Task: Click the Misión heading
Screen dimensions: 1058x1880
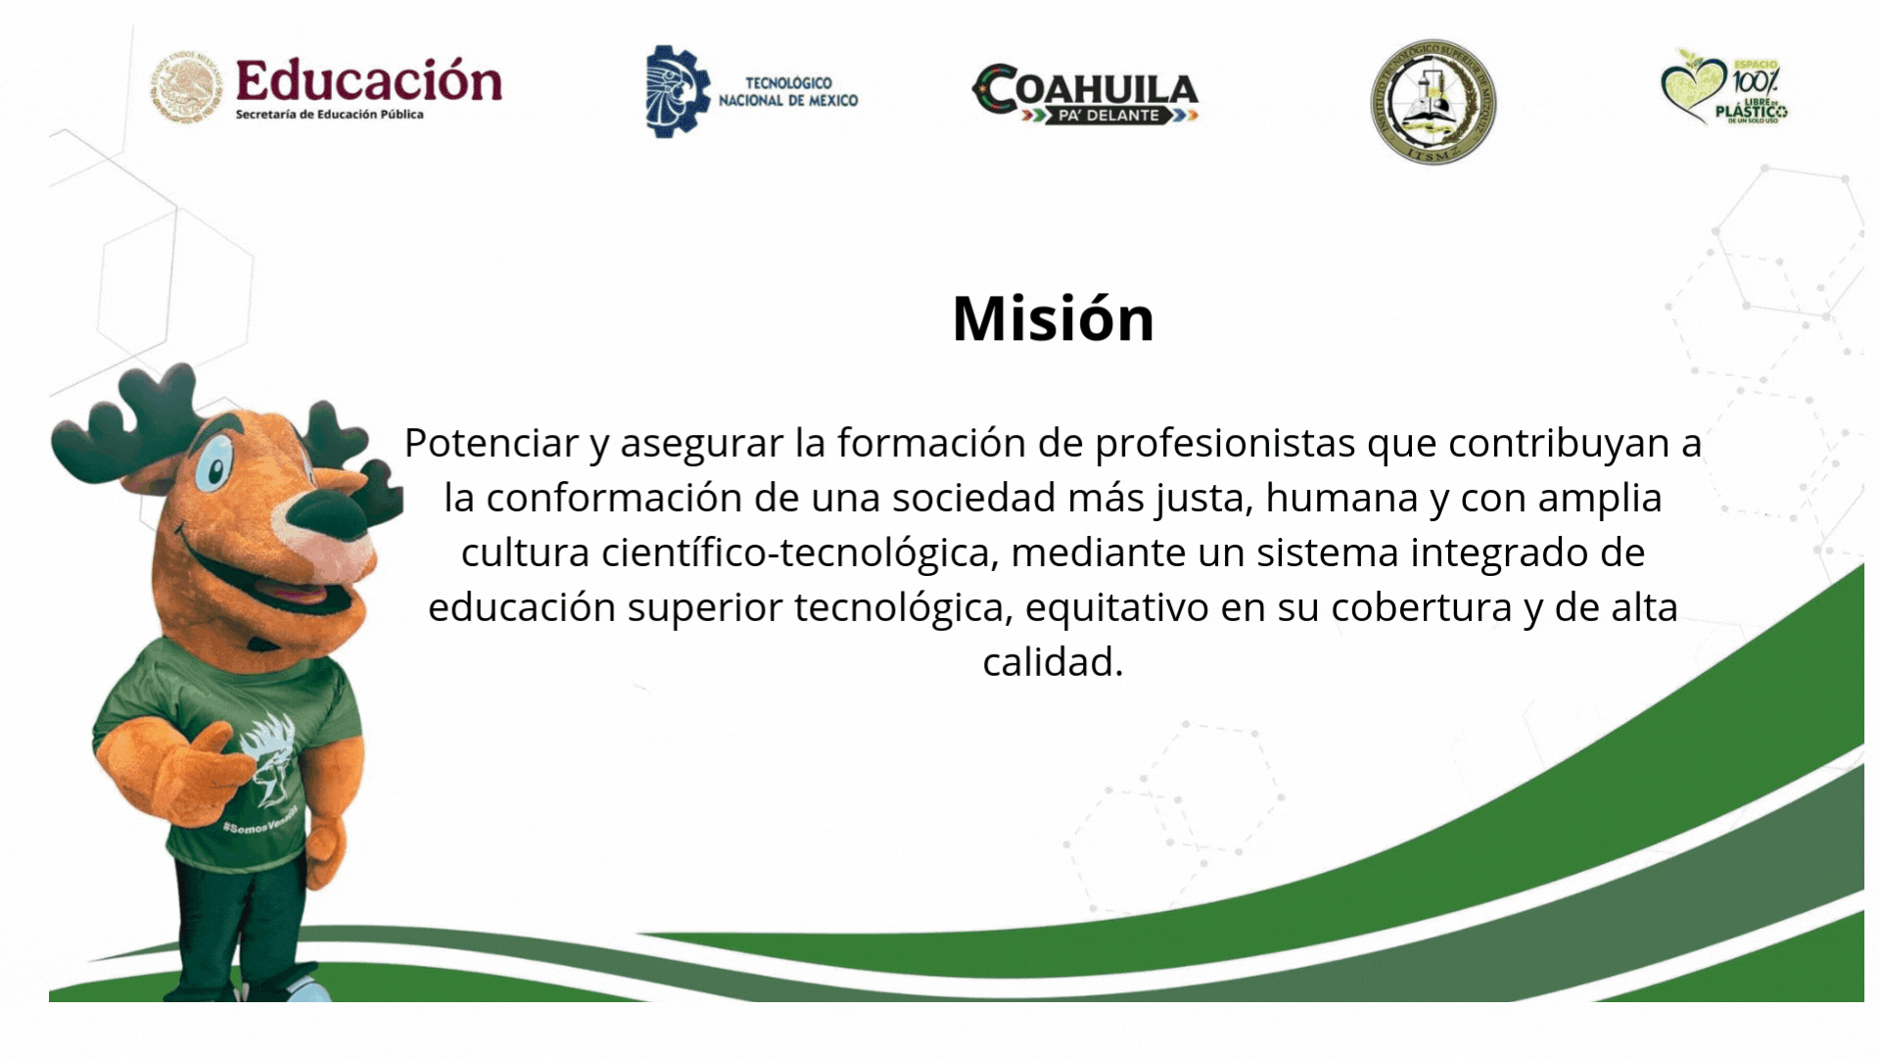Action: (1053, 318)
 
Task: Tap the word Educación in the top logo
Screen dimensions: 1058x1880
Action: (368, 80)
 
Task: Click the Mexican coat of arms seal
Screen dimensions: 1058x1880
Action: (185, 88)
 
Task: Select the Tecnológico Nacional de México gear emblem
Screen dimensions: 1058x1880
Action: (677, 90)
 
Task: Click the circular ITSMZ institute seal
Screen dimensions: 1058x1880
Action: (1433, 102)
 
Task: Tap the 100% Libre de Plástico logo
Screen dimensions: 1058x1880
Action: (1724, 88)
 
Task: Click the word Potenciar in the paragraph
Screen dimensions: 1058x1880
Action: (491, 443)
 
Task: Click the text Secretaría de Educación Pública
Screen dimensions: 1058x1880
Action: (329, 115)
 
